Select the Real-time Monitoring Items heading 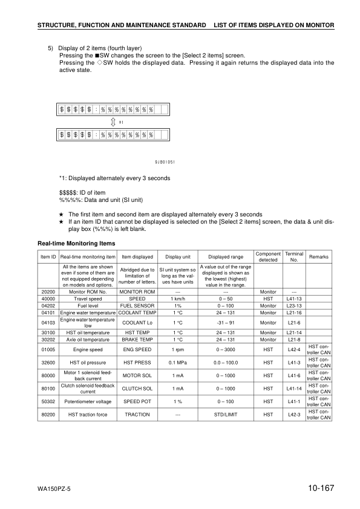pos(76,244)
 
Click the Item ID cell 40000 pos(48,299)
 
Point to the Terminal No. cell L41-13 pos(294,299)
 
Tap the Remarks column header pos(319,256)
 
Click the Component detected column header pos(267,256)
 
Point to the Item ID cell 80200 pos(48,415)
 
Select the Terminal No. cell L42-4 pos(294,349)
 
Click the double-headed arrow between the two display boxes pos(113,123)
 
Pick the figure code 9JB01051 pos(165,162)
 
